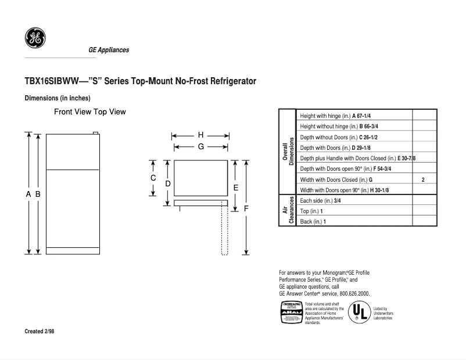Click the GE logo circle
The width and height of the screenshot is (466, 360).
click(35, 38)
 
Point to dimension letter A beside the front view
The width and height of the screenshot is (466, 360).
click(28, 195)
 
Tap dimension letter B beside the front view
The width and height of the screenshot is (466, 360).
click(37, 195)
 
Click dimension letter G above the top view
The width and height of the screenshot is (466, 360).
click(200, 147)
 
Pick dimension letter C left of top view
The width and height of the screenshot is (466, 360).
click(153, 178)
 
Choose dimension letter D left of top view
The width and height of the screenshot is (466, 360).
click(167, 184)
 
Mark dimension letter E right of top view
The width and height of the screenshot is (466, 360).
click(235, 188)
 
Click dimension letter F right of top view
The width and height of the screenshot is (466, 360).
click(246, 208)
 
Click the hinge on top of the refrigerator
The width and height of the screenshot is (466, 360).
click(96, 133)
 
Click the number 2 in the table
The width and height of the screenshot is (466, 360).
click(423, 180)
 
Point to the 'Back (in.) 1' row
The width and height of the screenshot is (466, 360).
click(313, 222)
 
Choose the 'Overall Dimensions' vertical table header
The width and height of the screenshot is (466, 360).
click(288, 152)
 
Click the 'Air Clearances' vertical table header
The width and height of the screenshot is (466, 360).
click(288, 211)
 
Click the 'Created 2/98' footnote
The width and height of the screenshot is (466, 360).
click(41, 332)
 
